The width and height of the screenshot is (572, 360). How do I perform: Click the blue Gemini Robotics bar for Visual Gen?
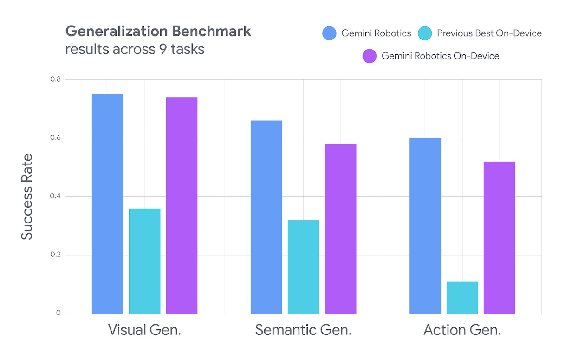(108, 204)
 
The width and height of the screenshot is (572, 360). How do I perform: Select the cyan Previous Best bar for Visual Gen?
(145, 261)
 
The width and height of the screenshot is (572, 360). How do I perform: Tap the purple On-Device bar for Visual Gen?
(182, 205)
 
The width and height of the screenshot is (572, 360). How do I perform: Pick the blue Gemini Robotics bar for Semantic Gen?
(266, 217)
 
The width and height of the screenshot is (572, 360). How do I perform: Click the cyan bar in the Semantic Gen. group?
(304, 267)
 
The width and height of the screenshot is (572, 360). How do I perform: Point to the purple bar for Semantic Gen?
(341, 229)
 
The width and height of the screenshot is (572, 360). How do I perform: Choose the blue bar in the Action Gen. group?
(425, 226)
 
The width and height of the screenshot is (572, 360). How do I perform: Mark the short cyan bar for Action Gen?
(462, 297)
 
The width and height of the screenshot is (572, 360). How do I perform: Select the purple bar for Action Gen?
(500, 237)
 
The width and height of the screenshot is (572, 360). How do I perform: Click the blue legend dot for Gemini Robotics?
(329, 33)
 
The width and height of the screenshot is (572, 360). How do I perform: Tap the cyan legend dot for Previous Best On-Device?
(425, 33)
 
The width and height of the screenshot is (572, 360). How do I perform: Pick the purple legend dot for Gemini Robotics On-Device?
(369, 56)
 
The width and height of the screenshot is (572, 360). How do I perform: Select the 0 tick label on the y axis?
(58, 313)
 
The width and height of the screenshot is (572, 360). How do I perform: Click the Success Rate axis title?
(27, 196)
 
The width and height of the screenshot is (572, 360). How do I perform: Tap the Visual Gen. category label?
(144, 330)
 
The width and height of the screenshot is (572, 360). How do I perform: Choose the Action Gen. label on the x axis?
(462, 330)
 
